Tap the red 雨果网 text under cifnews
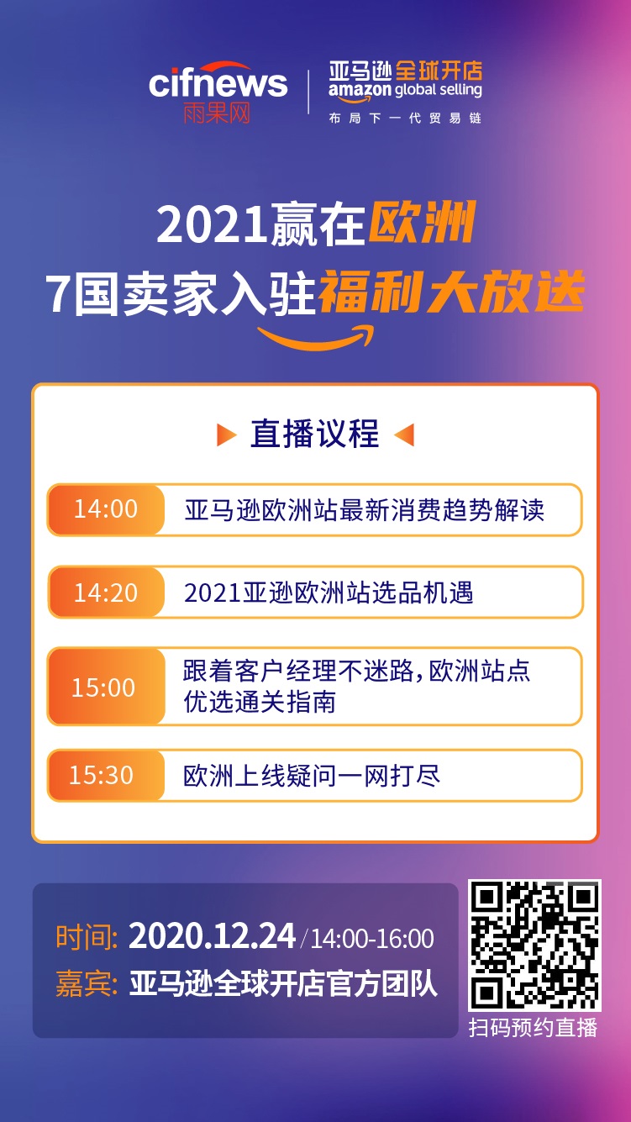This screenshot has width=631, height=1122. (217, 113)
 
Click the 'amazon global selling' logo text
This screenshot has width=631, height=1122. (405, 90)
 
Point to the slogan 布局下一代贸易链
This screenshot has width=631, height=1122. (405, 119)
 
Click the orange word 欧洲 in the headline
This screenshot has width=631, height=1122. (423, 224)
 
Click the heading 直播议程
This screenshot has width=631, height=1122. (315, 435)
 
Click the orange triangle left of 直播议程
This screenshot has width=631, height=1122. (225, 435)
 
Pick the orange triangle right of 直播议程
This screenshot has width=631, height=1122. (404, 435)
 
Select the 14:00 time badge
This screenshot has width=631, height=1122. (106, 509)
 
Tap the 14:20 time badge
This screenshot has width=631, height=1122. (106, 593)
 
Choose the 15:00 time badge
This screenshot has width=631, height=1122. (104, 687)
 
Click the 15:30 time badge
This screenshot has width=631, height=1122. (102, 775)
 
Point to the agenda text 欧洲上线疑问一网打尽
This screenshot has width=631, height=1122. (312, 775)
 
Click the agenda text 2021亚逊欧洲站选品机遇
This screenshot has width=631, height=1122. (329, 593)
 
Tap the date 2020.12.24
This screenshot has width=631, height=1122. (212, 936)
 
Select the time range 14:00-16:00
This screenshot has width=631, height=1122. (372, 938)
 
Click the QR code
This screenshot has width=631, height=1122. (534, 945)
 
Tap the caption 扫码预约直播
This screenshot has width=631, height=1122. (533, 1027)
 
